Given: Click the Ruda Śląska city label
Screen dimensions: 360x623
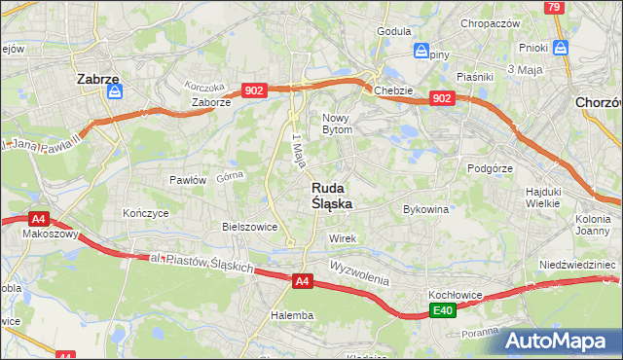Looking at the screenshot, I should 332,196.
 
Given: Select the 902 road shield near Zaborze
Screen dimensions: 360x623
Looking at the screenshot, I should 254,90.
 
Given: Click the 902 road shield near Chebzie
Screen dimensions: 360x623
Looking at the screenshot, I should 441,98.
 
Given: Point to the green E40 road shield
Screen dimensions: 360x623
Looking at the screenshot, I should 443,310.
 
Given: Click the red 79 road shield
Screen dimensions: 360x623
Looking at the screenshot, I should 553,8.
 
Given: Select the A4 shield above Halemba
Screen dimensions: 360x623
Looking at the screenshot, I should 303,281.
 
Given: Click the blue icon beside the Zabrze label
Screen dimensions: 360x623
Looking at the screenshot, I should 115,92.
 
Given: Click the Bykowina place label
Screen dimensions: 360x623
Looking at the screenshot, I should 425,209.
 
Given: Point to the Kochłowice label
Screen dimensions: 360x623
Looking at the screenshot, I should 458,294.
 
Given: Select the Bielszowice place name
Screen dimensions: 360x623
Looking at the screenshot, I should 250,227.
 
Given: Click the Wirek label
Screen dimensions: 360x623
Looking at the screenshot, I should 344,238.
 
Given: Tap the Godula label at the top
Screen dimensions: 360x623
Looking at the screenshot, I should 393,31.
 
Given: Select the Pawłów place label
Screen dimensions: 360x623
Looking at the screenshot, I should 187,180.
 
